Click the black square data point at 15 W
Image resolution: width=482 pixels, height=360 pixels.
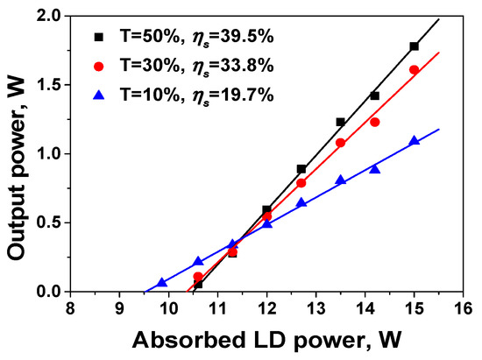coord(414,46)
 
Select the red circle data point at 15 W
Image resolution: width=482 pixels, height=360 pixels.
coord(414,69)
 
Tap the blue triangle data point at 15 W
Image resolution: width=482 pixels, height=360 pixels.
coord(414,141)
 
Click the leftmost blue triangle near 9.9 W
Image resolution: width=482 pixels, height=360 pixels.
coord(162,282)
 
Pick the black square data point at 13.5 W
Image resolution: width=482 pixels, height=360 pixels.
coord(340,122)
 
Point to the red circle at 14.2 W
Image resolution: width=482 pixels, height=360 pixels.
coord(374,122)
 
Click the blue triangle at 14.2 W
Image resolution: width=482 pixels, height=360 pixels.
coord(374,169)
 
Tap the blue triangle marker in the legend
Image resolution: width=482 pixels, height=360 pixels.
coord(99,94)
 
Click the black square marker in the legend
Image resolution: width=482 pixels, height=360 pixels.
coord(99,38)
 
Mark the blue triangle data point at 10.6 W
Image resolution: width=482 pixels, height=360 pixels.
coord(198,262)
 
